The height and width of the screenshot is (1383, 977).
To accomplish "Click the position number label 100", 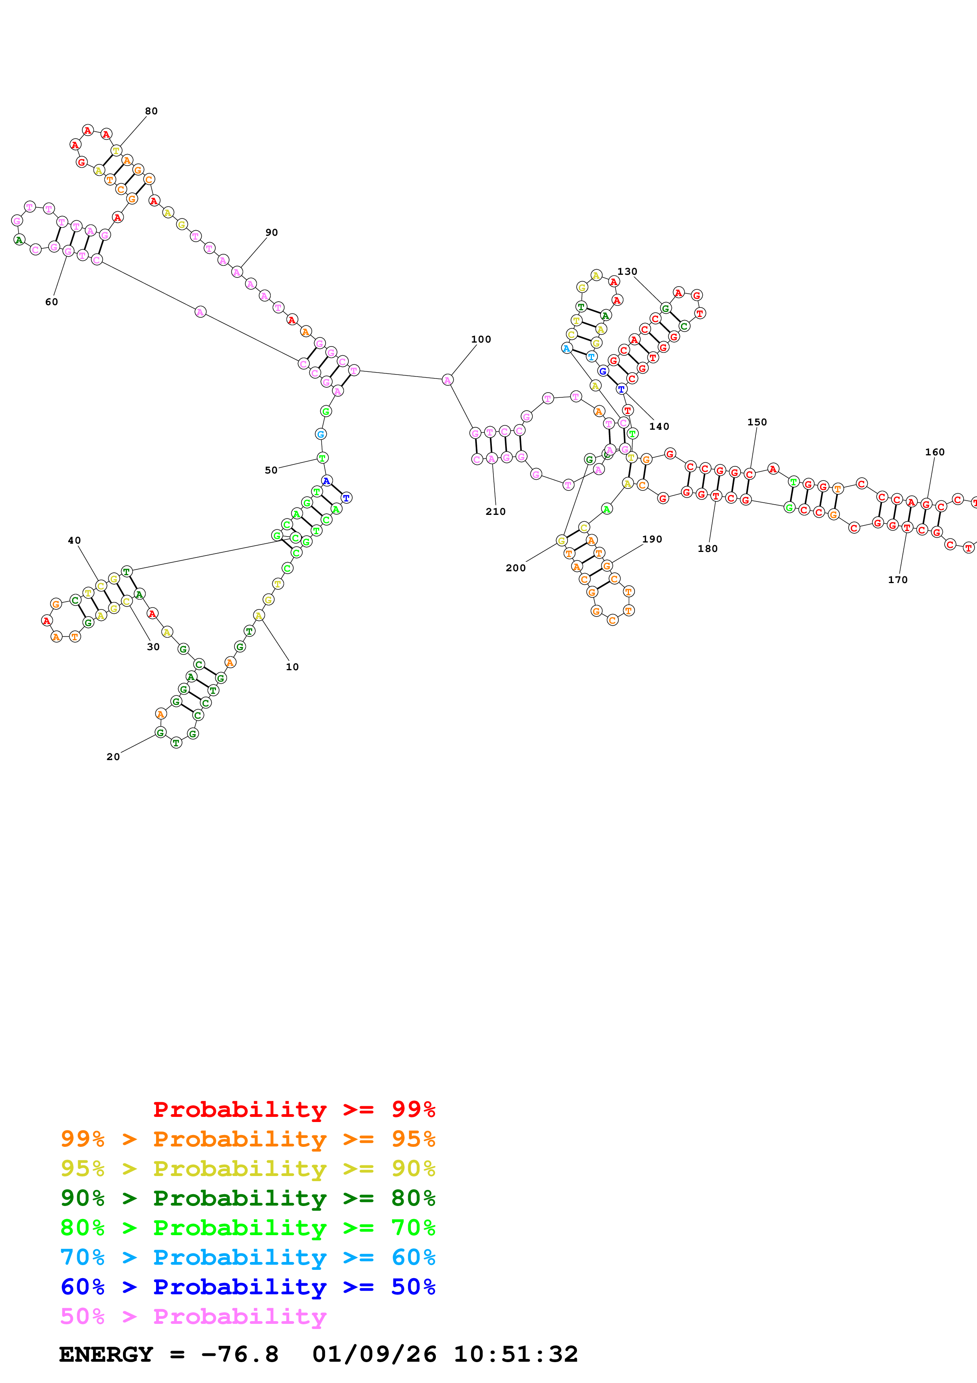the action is tap(481, 339).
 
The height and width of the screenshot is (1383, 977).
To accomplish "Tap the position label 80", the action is tap(151, 111).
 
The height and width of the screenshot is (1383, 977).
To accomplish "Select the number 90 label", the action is tap(272, 233).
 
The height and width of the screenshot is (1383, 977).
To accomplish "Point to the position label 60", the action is tap(52, 302).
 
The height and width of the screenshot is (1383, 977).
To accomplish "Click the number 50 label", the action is tap(272, 470).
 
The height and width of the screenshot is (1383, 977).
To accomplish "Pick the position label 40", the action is tap(74, 541).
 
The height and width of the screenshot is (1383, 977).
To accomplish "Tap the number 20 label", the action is tap(113, 757).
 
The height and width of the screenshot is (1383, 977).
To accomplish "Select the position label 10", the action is tap(292, 667).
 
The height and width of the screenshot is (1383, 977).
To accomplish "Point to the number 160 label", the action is tap(935, 452).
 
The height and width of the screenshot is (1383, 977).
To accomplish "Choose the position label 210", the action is tap(495, 511).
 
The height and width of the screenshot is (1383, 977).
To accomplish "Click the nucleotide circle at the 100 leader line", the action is tap(447, 380).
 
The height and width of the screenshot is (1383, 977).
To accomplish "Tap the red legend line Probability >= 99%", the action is tap(294, 1109).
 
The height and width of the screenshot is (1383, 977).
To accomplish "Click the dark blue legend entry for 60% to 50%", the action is tap(248, 1287).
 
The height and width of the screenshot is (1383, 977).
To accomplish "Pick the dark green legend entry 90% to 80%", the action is tap(248, 1198).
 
